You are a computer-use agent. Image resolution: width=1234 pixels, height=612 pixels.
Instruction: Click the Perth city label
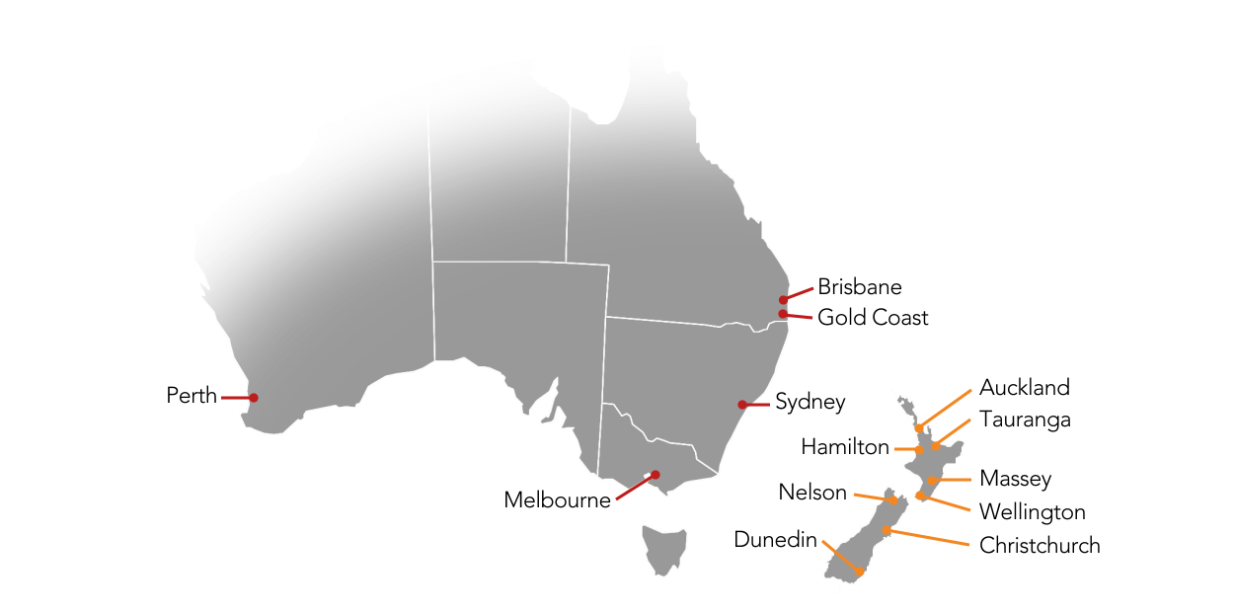coord(192,396)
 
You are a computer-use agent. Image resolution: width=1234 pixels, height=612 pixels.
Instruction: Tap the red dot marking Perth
coord(254,398)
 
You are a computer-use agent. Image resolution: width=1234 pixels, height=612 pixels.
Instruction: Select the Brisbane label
coord(859,287)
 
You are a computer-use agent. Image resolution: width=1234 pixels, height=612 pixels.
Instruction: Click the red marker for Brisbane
coord(783,299)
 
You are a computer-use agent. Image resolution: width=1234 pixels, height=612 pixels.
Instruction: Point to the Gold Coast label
coord(873,318)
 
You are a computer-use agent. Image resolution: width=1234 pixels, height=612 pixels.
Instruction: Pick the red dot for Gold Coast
coord(783,314)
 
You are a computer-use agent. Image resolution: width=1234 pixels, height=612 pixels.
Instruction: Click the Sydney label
coord(810,402)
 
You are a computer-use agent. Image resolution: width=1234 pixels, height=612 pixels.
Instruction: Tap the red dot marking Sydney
coord(742,405)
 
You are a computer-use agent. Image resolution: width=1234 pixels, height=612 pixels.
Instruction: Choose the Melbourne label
coord(557,500)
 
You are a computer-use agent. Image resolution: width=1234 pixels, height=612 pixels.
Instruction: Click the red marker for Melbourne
coord(655,475)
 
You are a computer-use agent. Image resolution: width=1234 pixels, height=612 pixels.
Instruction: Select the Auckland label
coord(1024,387)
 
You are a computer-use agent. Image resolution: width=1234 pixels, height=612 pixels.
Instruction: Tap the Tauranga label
coord(1025,420)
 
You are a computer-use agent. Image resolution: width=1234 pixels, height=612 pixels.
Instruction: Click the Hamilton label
coord(845,447)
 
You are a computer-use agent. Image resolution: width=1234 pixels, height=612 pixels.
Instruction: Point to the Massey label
coord(1015,479)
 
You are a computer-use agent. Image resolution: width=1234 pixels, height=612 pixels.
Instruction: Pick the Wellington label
coord(1032,512)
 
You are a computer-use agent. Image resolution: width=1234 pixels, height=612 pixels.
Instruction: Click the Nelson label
coord(812,492)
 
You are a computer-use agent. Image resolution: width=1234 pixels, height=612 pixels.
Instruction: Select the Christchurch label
coord(1039,545)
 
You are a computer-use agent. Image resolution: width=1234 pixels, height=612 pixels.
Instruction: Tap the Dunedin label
coord(775,539)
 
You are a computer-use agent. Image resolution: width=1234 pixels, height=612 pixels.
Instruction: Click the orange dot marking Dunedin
coord(861,571)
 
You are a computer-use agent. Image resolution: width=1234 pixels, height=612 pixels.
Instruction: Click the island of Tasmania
coord(662,548)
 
